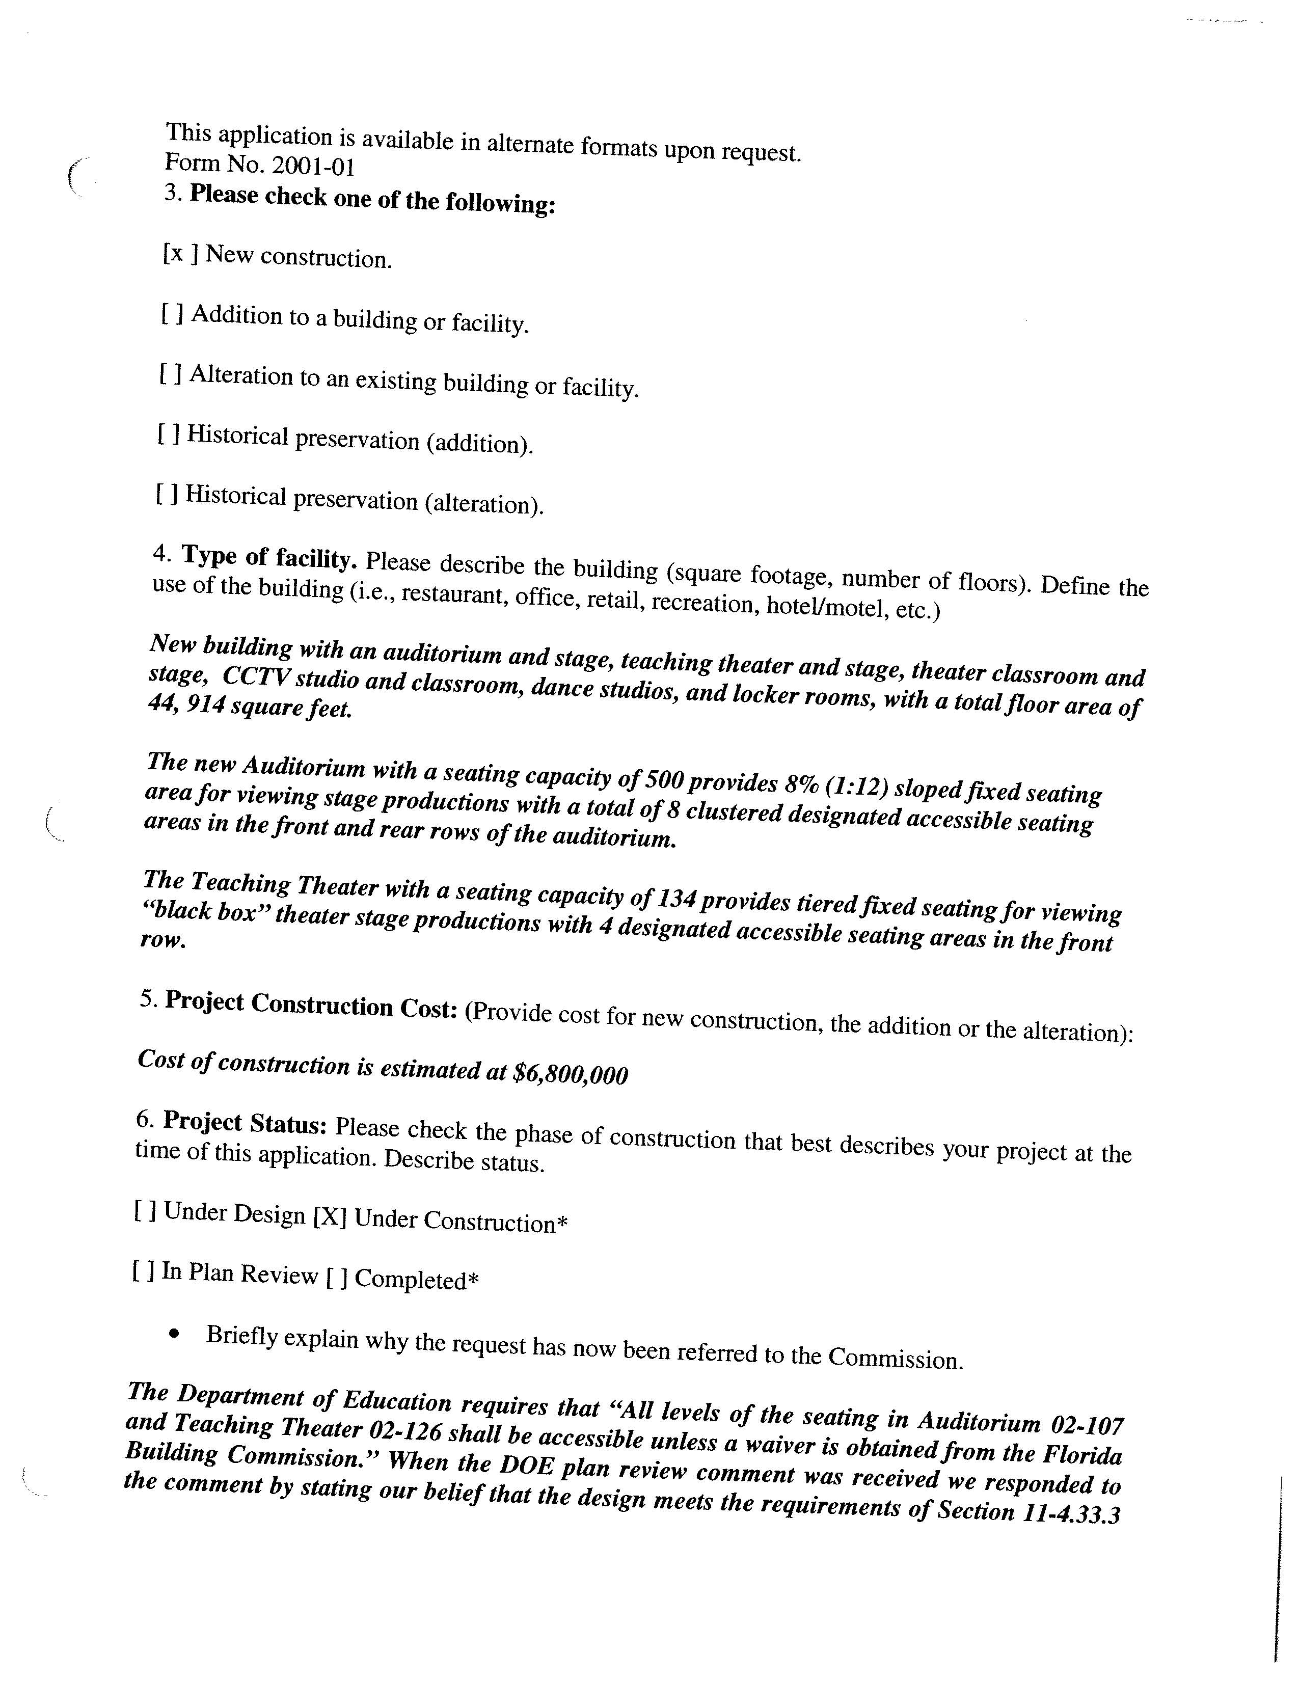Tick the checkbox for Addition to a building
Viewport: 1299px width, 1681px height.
click(172, 313)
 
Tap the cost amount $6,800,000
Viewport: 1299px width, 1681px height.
click(570, 1074)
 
